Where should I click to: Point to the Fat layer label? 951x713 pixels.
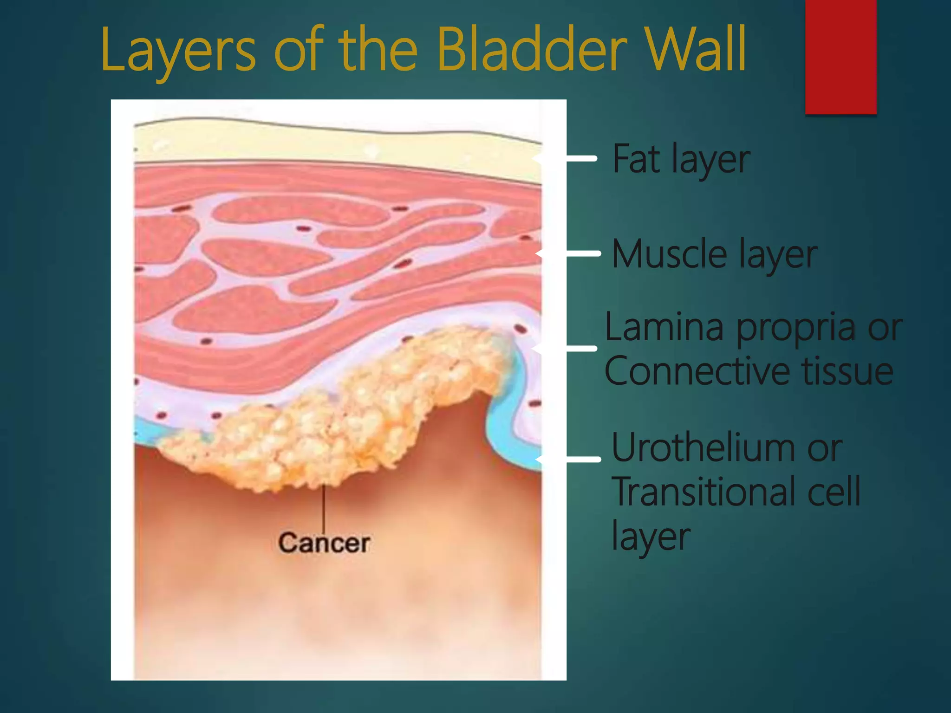(681, 159)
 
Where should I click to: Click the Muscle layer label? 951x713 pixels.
(714, 254)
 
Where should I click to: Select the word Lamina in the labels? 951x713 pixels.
(664, 327)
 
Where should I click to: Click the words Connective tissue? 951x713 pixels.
(749, 371)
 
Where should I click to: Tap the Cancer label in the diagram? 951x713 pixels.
(324, 543)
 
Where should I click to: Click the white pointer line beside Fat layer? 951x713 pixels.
(580, 159)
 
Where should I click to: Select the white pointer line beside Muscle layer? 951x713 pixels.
(583, 253)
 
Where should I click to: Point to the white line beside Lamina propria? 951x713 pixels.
(580, 348)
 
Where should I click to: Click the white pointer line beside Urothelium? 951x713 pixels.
(583, 459)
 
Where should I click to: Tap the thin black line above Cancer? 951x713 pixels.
(324, 508)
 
